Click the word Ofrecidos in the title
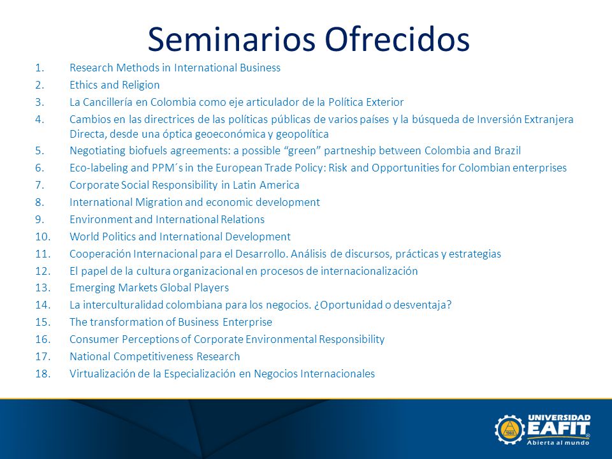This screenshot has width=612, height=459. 397,40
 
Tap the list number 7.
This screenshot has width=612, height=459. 40,185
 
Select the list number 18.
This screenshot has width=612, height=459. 43,374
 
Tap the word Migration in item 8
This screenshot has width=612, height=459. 159,203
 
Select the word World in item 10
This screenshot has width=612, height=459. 84,237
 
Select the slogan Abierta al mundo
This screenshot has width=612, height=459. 558,442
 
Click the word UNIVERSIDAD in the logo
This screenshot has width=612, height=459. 559,418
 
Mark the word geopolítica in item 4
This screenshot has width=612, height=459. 302,135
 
